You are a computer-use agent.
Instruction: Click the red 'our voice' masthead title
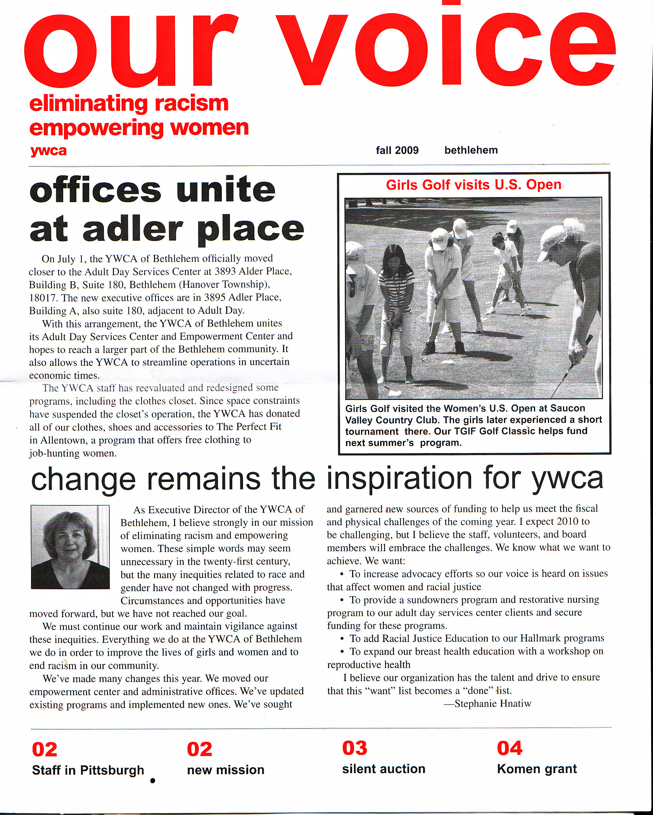click(x=320, y=48)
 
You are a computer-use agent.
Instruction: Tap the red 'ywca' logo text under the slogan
click(x=48, y=151)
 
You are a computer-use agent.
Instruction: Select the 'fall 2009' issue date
click(x=397, y=150)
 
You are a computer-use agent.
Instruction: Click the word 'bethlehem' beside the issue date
click(x=471, y=150)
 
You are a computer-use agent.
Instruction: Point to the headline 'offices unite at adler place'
click(x=167, y=209)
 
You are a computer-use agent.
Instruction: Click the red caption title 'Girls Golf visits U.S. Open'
click(x=473, y=185)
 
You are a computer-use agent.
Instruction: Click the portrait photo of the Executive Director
click(x=70, y=547)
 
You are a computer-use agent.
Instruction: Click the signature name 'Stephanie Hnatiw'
click(x=492, y=704)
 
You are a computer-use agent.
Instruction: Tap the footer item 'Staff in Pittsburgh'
click(x=88, y=770)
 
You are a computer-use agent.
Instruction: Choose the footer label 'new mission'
click(x=226, y=770)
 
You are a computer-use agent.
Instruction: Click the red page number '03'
click(x=354, y=749)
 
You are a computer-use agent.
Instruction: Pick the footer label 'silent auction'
click(x=384, y=769)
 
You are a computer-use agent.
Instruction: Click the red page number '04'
click(x=510, y=749)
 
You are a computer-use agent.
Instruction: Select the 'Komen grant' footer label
click(x=537, y=769)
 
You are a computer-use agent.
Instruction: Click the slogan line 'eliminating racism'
click(x=129, y=104)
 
